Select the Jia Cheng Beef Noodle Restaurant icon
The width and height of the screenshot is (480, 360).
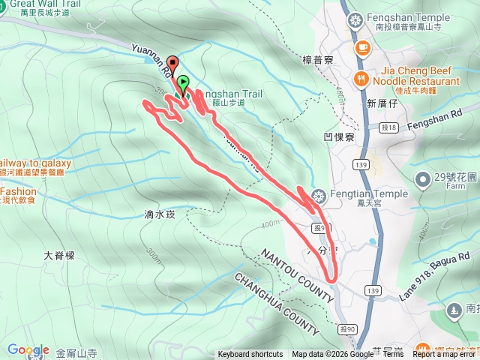click(x=361, y=78)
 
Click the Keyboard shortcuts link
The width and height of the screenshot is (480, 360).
click(x=250, y=355)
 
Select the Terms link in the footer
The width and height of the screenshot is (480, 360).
click(x=393, y=355)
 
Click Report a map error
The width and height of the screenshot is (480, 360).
click(x=445, y=355)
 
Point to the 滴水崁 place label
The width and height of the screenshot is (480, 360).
click(x=159, y=214)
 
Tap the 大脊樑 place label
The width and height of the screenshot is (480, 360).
click(x=59, y=255)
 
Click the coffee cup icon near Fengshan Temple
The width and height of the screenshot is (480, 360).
click(x=362, y=47)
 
